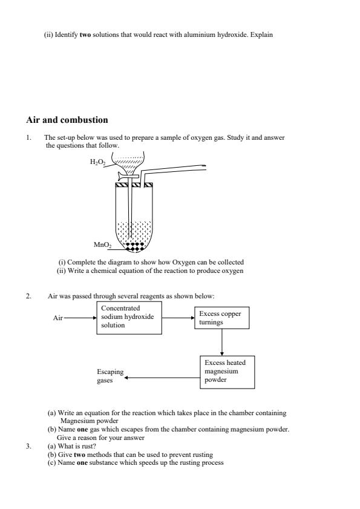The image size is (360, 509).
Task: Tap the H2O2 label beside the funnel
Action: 97,163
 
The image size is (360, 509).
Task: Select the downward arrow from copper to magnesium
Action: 222,342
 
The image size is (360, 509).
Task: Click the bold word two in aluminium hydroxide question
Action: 85,34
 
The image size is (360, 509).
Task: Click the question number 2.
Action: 28,296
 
